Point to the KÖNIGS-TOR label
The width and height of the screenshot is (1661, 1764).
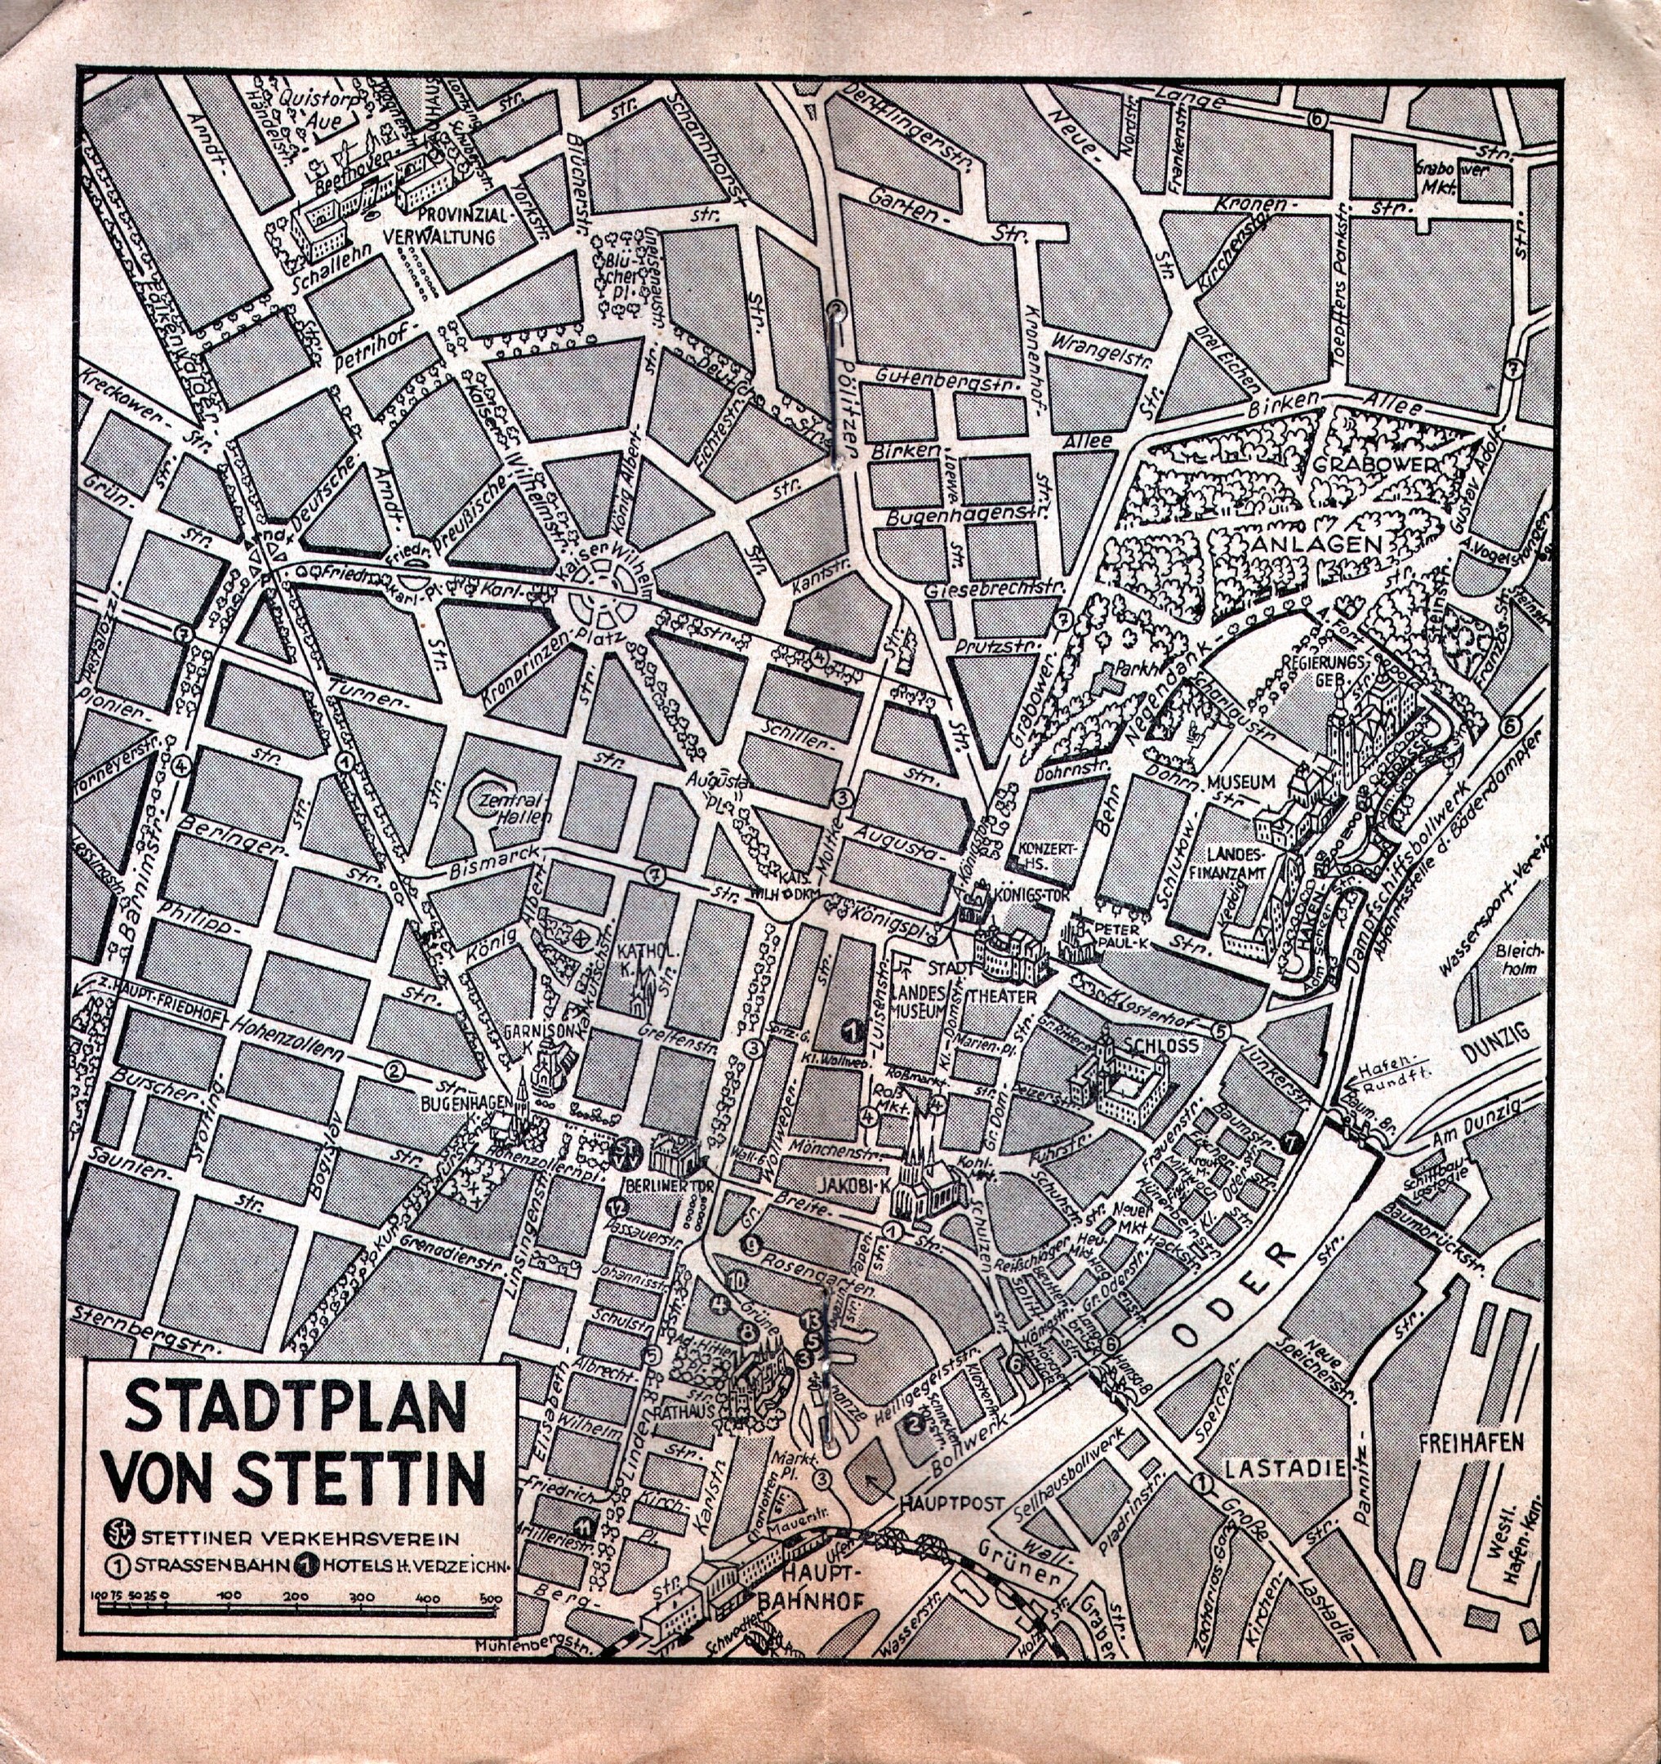point(1031,891)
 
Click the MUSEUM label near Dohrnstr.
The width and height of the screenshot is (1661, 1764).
point(1240,782)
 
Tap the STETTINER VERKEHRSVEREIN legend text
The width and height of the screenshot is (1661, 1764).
point(300,1537)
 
